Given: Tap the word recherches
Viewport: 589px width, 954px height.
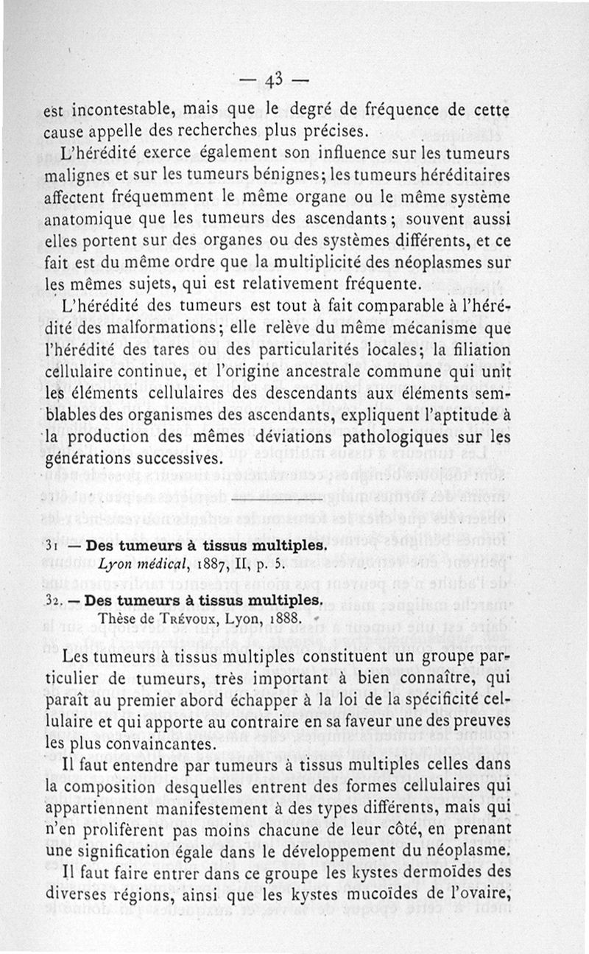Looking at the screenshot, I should [x=216, y=133].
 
